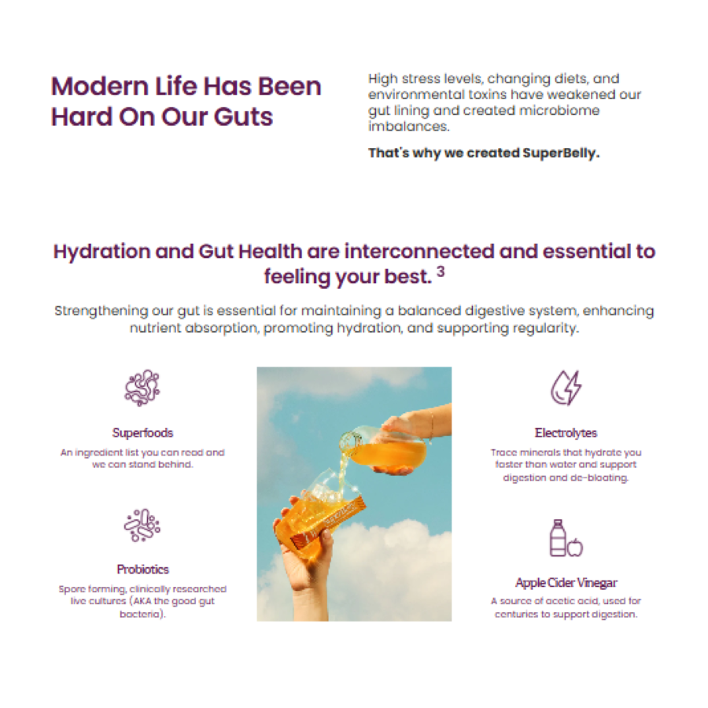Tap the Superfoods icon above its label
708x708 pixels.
tap(142, 388)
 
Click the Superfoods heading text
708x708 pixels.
tap(142, 433)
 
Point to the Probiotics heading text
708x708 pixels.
tap(142, 570)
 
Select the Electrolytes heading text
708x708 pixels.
tap(566, 433)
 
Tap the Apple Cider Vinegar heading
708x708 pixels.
tap(566, 583)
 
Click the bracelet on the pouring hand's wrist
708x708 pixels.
tap(430, 426)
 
